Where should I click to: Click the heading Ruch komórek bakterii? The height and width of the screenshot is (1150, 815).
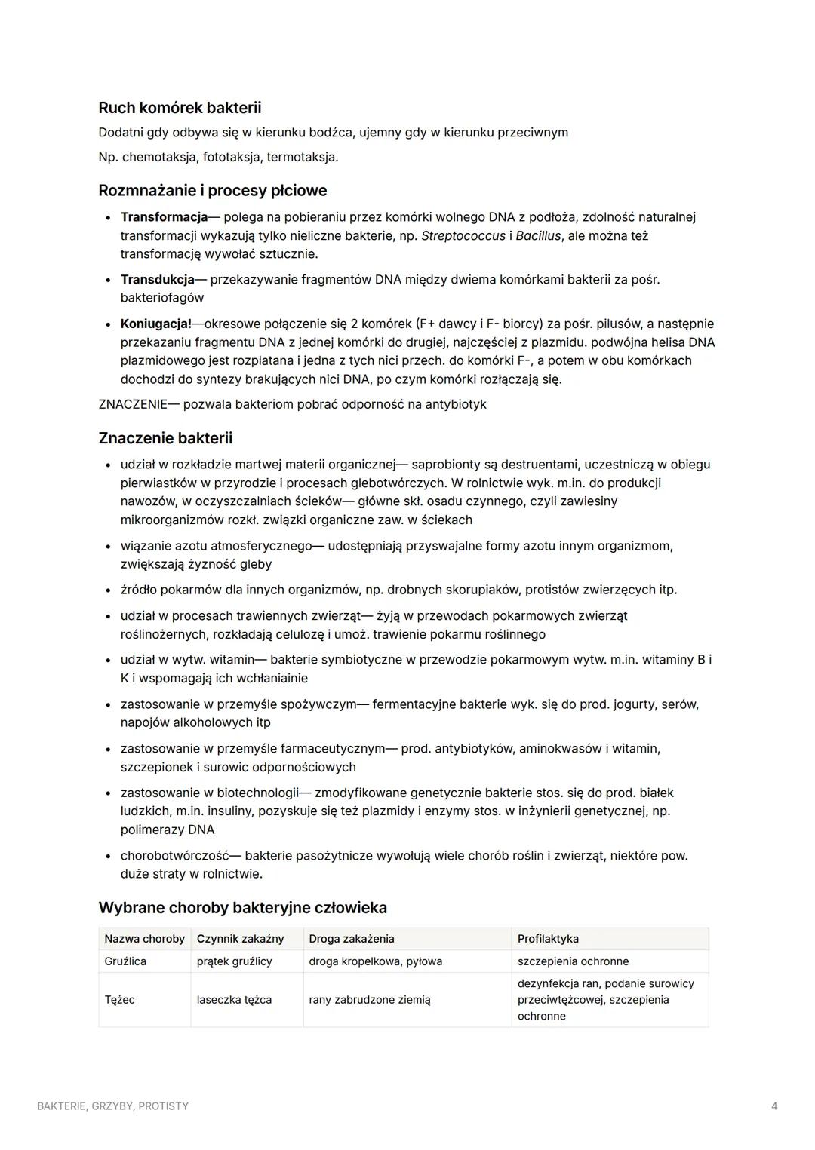(x=180, y=108)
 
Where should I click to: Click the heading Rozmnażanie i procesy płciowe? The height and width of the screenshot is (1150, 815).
(x=212, y=190)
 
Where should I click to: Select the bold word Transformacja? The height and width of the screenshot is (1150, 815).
(x=164, y=217)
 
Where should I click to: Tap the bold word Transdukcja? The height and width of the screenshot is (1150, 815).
(x=157, y=280)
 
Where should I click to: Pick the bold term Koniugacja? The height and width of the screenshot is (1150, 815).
(x=155, y=324)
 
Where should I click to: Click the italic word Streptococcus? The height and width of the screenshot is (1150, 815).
(x=463, y=236)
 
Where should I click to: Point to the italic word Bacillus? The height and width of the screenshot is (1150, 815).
(x=538, y=236)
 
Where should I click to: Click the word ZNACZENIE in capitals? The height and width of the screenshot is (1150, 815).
(x=132, y=404)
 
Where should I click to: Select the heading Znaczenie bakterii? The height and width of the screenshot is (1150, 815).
(x=165, y=438)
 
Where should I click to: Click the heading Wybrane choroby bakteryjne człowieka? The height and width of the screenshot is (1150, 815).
(x=242, y=907)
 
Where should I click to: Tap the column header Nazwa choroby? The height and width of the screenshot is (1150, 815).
(x=144, y=939)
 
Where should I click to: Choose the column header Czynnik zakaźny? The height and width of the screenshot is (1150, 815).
(x=240, y=939)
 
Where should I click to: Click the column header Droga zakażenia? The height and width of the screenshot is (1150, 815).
(x=351, y=939)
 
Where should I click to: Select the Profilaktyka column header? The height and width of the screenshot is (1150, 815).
(x=548, y=939)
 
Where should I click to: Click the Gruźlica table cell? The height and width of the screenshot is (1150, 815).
(x=125, y=961)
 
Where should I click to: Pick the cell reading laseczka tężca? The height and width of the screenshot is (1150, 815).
(x=234, y=1000)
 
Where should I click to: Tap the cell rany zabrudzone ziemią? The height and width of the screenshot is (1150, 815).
(x=369, y=1000)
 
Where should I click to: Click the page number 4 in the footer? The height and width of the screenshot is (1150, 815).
(x=774, y=1106)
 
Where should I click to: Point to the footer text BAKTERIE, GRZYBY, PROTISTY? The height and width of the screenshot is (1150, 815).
(x=113, y=1106)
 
